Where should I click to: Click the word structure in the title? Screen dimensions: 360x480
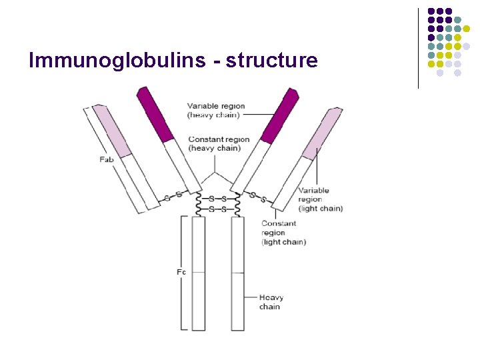tap(272, 61)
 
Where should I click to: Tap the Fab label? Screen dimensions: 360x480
tap(106, 159)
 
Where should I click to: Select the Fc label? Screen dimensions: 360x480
tap(180, 272)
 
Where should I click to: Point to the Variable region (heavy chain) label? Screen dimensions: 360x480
tap(216, 111)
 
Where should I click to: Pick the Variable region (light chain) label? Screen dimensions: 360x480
tap(320, 199)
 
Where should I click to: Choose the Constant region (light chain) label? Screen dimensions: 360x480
tap(283, 233)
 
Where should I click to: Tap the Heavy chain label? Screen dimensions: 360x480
tap(271, 302)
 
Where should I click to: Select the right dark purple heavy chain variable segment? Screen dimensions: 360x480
tap(279, 115)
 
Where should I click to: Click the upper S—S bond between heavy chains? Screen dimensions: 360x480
tap(218, 199)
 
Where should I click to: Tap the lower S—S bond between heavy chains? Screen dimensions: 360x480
tap(218, 209)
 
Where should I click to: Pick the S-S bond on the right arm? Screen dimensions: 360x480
tap(258, 197)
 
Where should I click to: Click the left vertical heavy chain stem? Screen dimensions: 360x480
tap(199, 273)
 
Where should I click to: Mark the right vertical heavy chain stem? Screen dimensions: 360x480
tap(238, 273)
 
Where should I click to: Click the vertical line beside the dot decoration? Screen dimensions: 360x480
tap(418, 48)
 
